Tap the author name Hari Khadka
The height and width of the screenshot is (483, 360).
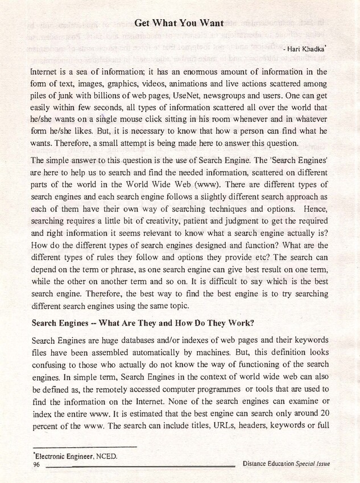tap(308, 50)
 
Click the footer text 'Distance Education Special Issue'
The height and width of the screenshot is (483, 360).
tap(286, 464)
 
